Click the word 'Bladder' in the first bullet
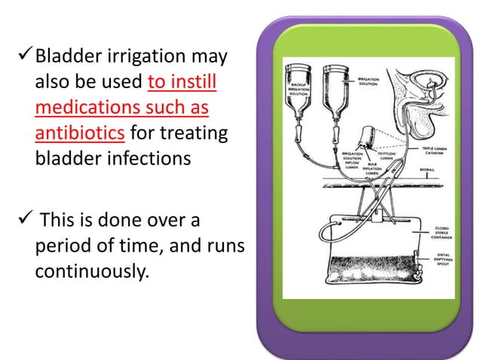coord(65,56)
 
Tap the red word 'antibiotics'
coord(79,134)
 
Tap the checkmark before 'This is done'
coord(23,219)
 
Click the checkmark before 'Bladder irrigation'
coord(23,56)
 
